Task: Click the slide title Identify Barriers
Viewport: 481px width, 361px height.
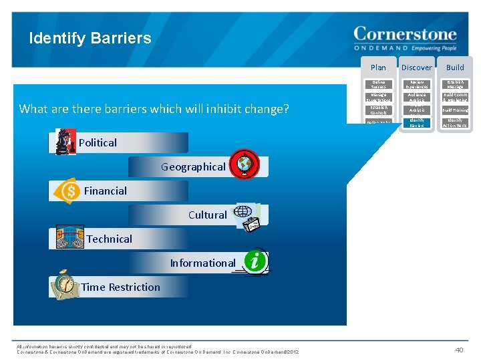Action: click(90, 38)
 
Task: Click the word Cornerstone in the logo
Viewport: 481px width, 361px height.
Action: click(405, 35)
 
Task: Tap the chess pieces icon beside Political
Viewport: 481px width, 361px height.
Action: click(65, 142)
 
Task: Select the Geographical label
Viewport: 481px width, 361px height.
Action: click(193, 167)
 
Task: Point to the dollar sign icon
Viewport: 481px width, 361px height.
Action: click(68, 191)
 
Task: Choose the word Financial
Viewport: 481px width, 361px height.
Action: click(106, 191)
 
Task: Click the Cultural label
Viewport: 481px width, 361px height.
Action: click(207, 215)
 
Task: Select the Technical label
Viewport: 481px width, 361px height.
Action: click(110, 239)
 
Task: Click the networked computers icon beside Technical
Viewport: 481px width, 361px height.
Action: click(69, 238)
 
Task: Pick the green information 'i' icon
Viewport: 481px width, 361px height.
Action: click(255, 261)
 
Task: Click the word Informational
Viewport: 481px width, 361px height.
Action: click(202, 263)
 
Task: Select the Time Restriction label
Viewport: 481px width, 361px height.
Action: click(121, 287)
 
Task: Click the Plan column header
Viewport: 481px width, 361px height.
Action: click(378, 68)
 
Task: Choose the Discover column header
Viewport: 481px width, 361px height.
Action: click(416, 68)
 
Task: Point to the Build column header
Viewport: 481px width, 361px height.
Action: click(455, 68)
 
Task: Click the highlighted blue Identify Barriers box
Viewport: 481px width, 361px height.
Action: click(416, 123)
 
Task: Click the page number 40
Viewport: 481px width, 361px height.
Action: click(458, 348)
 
